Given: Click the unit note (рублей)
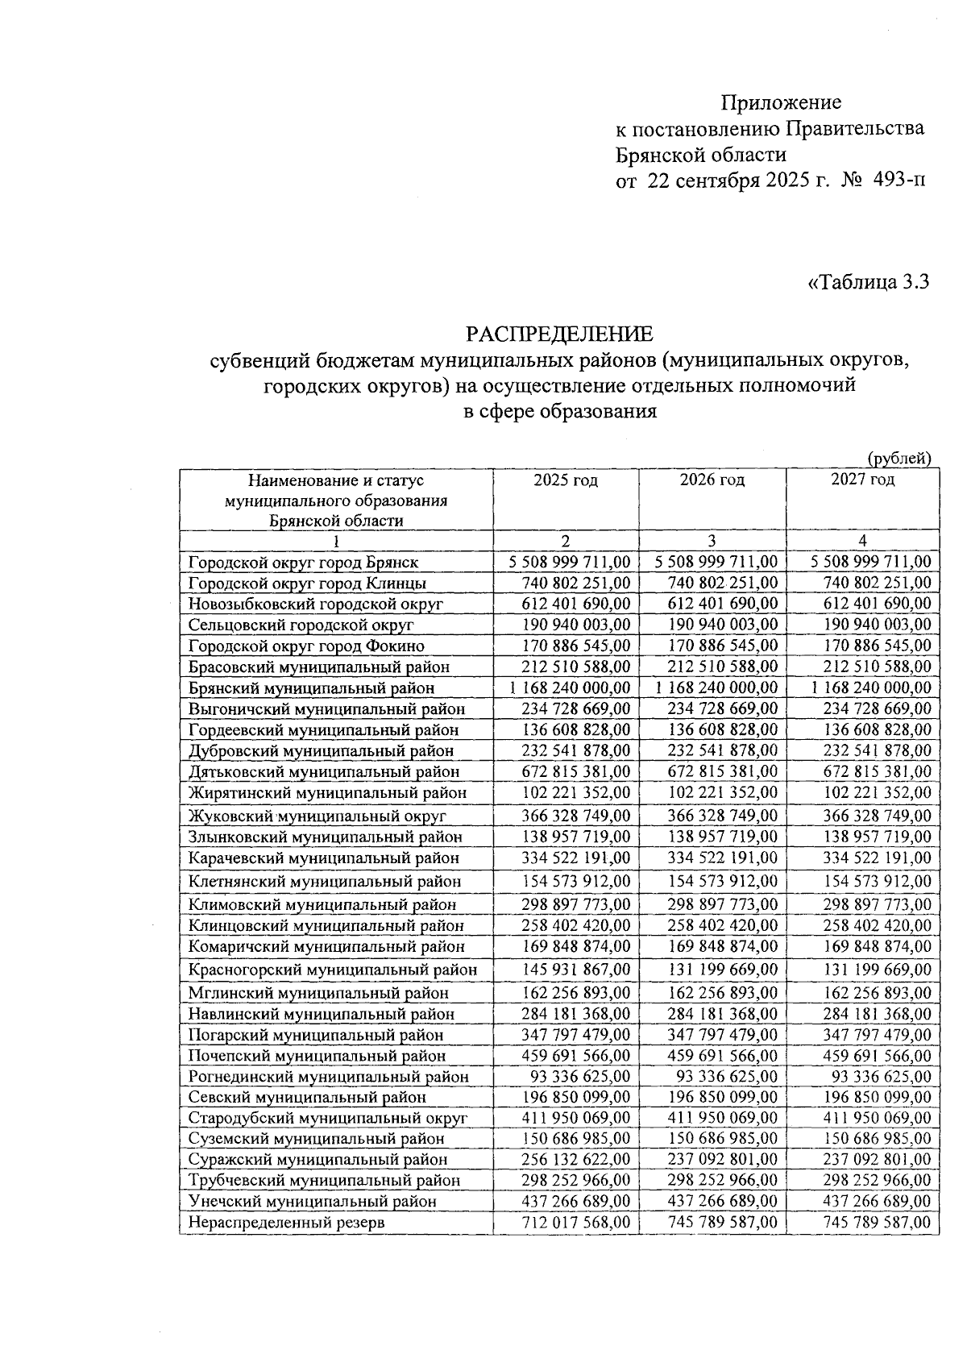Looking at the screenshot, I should (899, 458).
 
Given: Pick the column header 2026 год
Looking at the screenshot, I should (712, 480).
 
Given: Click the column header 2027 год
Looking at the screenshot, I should (862, 480).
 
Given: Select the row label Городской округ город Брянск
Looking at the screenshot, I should (304, 562).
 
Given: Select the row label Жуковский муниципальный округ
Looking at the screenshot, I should (317, 816).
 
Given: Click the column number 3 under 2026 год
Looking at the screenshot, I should (712, 541).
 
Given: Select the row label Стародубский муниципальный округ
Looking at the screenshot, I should (328, 1118).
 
